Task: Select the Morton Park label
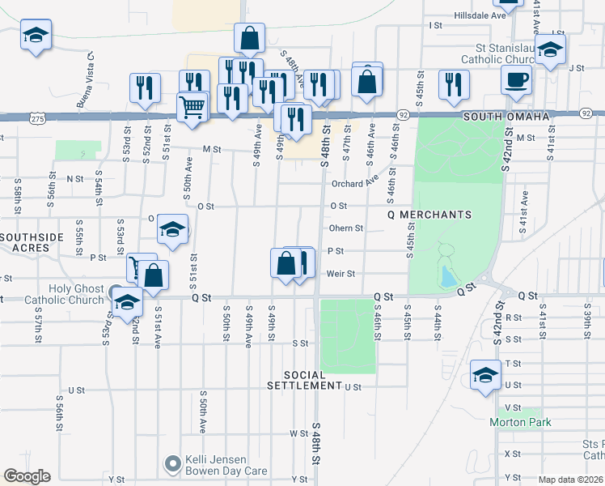click(x=519, y=422)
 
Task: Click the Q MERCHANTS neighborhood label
click(x=429, y=215)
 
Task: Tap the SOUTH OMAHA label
click(x=506, y=117)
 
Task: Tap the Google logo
click(x=27, y=476)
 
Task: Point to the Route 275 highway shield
click(x=38, y=117)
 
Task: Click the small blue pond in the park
click(x=446, y=277)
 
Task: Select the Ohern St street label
click(x=345, y=228)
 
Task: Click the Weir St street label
click(x=341, y=274)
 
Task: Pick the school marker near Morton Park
click(x=485, y=376)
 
